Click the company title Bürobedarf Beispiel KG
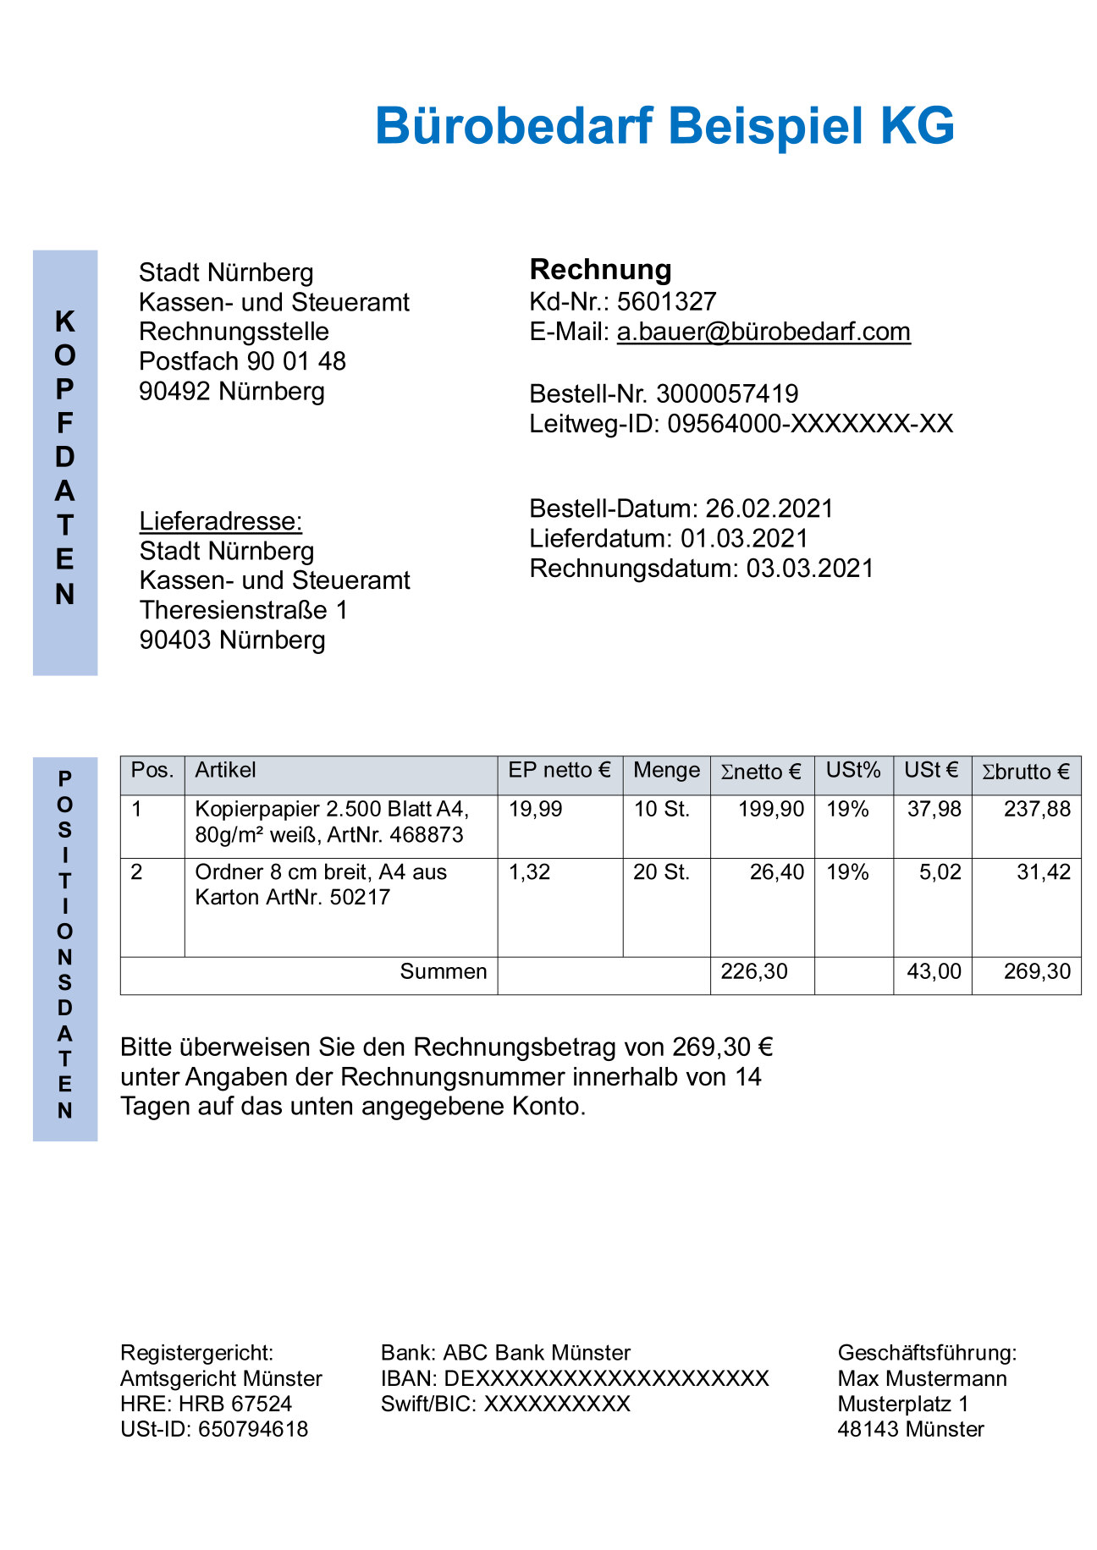pos(664,126)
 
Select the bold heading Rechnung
pos(600,269)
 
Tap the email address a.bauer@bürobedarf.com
pos(763,332)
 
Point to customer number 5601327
pos(667,301)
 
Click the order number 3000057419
pos(727,393)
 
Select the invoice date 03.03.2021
pos(809,569)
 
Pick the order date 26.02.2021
pos(769,508)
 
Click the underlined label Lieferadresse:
pos(221,521)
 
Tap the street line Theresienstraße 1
pos(244,610)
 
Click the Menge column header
pos(666,771)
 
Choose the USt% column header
pos(853,771)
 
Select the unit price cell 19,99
pos(535,810)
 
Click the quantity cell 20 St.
pos(661,872)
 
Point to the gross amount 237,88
pos(1037,810)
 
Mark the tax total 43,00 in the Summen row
pos(934,971)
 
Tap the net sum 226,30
pos(753,971)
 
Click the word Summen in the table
pos(443,971)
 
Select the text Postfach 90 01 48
pos(242,361)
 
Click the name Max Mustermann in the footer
pos(922,1378)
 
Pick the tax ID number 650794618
pos(253,1429)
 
